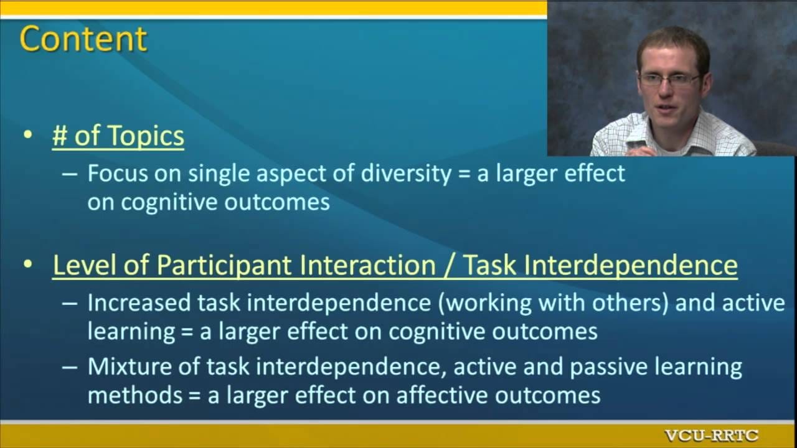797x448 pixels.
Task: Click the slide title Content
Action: pyautogui.click(x=83, y=39)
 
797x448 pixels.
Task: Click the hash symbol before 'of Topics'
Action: pyautogui.click(x=60, y=136)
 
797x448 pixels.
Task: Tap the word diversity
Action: pyautogui.click(x=406, y=174)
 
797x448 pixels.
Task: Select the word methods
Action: pyautogui.click(x=135, y=395)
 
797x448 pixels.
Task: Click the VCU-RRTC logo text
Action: pyautogui.click(x=712, y=436)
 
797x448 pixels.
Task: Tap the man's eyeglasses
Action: pyautogui.click(x=669, y=81)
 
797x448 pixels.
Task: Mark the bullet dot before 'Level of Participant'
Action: pyautogui.click(x=28, y=264)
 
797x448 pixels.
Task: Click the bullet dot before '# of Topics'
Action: pyautogui.click(x=28, y=135)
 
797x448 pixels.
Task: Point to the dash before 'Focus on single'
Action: pyautogui.click(x=69, y=175)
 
